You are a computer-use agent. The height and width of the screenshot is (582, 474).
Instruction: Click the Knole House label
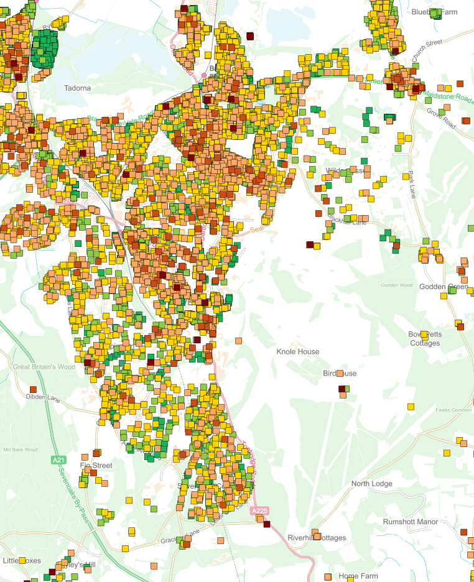click(297, 352)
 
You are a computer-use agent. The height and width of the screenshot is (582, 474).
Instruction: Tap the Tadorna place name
click(77, 88)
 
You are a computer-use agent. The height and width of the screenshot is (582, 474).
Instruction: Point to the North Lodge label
click(373, 484)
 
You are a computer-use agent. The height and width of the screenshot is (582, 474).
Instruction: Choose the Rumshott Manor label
click(410, 522)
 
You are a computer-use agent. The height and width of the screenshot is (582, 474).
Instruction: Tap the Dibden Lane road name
click(42, 396)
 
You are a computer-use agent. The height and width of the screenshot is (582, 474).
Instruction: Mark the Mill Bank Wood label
click(21, 450)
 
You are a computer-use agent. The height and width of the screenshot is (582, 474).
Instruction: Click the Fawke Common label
click(454, 410)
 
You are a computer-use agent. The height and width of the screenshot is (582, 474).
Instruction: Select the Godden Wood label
click(397, 285)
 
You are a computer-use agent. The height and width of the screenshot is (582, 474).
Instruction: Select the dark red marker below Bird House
click(341, 389)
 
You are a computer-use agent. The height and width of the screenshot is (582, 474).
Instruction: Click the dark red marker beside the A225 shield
click(267, 524)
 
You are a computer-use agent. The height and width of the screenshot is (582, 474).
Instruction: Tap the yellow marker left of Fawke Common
click(411, 407)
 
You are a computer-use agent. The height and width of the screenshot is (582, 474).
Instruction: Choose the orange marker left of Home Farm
click(328, 577)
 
